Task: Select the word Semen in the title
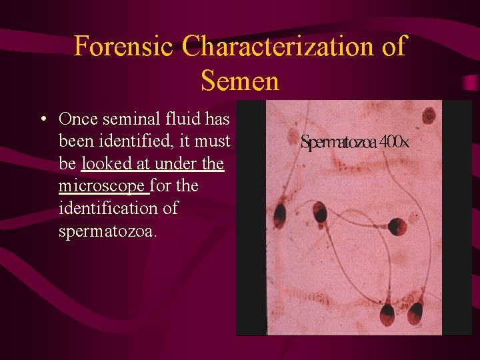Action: pyautogui.click(x=239, y=81)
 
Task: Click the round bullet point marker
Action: pyautogui.click(x=43, y=120)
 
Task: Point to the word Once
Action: pyautogui.click(x=77, y=119)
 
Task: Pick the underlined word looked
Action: pyautogui.click(x=105, y=163)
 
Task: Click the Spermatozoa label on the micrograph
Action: pyautogui.click(x=339, y=143)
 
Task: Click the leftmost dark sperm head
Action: pyautogui.click(x=279, y=215)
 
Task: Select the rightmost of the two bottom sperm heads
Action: pyautogui.click(x=416, y=311)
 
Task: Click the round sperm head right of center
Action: pyautogui.click(x=398, y=226)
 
